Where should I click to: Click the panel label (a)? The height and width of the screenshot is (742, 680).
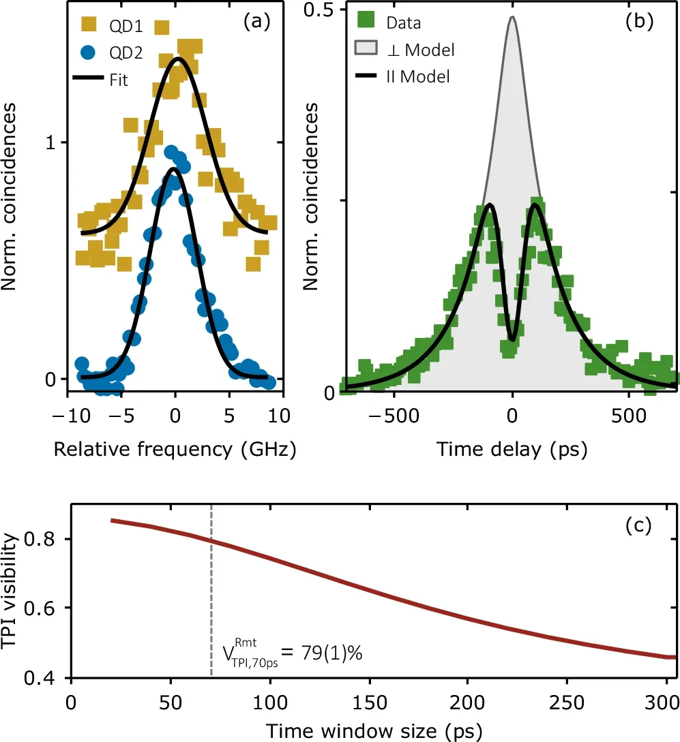pos(257,22)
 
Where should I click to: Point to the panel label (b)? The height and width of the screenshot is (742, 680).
pos(640,22)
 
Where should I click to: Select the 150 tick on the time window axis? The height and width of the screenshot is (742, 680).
pos(369,702)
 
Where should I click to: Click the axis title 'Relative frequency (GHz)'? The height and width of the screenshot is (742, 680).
pos(175,450)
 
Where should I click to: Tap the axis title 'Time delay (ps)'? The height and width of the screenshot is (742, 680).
pos(512,450)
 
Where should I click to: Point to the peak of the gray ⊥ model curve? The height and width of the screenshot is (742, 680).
pos(512,18)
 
